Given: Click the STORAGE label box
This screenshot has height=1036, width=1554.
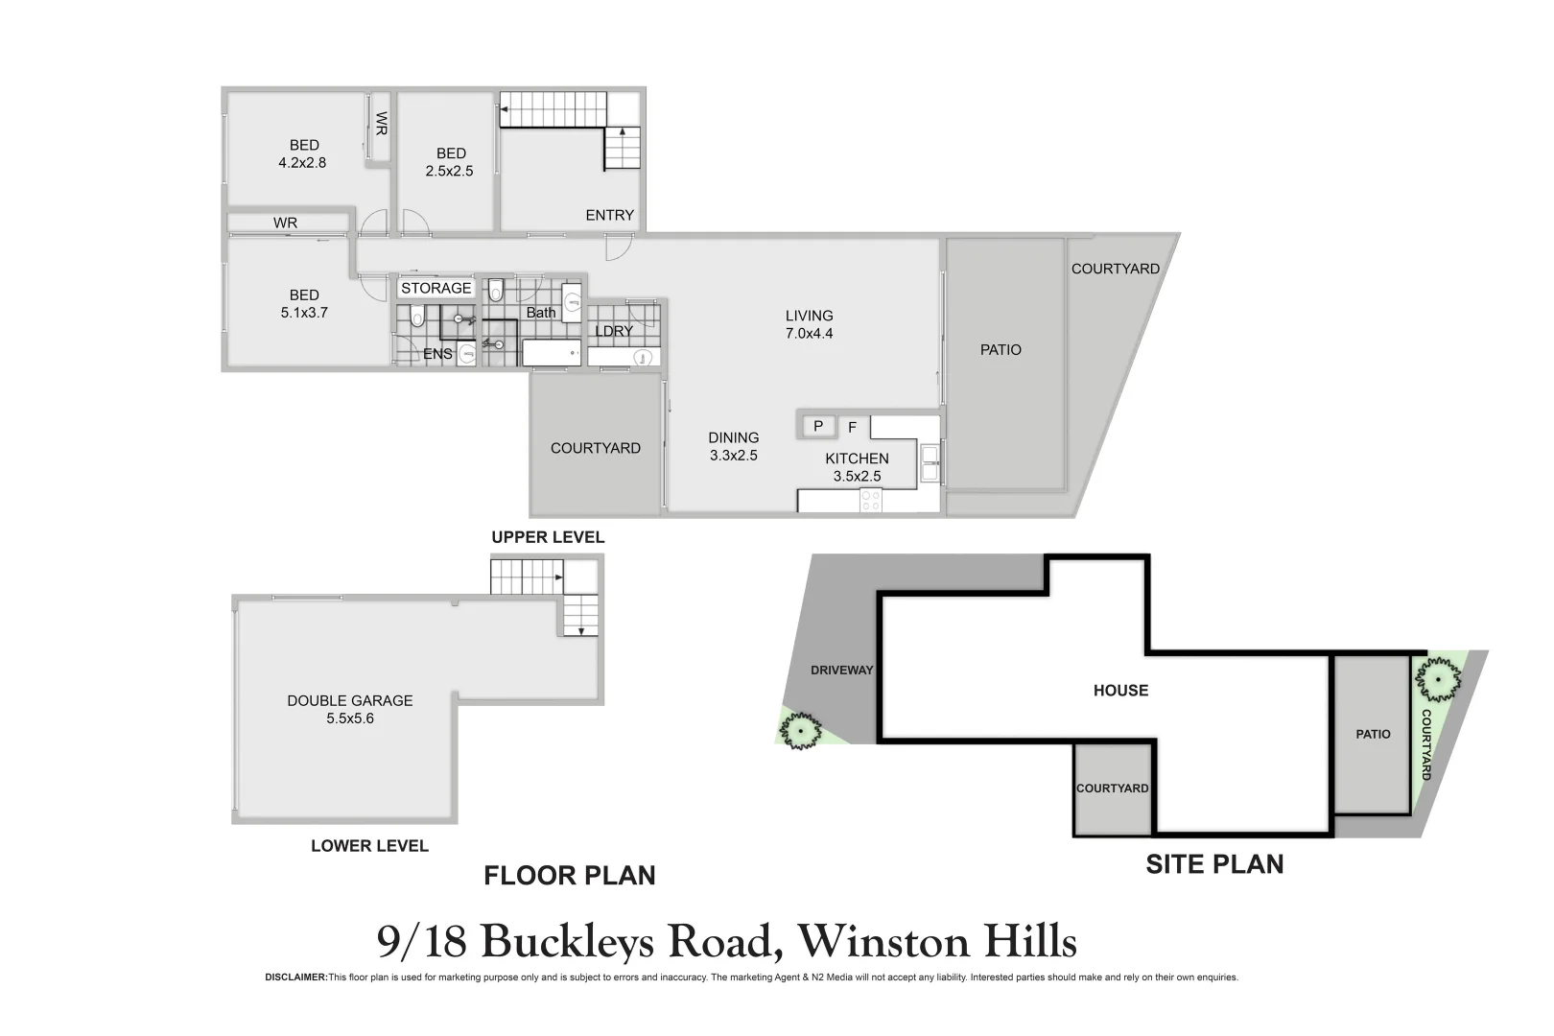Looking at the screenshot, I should pos(436,288).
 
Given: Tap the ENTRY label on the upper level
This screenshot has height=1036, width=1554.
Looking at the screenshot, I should pos(609,216).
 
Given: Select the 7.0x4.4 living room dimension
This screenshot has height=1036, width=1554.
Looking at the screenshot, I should pos(809,334).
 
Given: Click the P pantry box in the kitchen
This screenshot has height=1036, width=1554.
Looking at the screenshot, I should pos(818,426).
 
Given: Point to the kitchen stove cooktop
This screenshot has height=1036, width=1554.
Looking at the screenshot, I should pos(870,500).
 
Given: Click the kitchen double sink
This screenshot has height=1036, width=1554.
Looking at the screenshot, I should pos(929,463).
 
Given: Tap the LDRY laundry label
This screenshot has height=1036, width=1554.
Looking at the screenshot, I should pos(614,331).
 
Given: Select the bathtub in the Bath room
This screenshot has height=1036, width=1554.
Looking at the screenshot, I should pos(552,352).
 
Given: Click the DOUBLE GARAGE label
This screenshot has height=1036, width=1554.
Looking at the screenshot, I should pos(350,701).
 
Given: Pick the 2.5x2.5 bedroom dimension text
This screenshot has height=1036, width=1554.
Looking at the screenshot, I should pos(449,172).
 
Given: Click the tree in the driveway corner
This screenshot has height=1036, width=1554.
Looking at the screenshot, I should pos(799,731).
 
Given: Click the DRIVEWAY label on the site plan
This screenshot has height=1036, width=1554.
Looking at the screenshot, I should pos(841,671).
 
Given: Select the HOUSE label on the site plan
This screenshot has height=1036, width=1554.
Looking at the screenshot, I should pos(1120,691).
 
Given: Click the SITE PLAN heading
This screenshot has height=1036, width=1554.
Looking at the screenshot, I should pos(1214,864).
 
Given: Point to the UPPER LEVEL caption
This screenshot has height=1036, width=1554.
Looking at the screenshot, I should pos(548,537).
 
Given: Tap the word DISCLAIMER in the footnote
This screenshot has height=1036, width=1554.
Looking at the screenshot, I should pos(295,977).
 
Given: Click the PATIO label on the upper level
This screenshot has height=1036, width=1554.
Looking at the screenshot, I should pos(1001,350).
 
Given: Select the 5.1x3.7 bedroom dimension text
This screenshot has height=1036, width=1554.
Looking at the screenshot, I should pos(304,313).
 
